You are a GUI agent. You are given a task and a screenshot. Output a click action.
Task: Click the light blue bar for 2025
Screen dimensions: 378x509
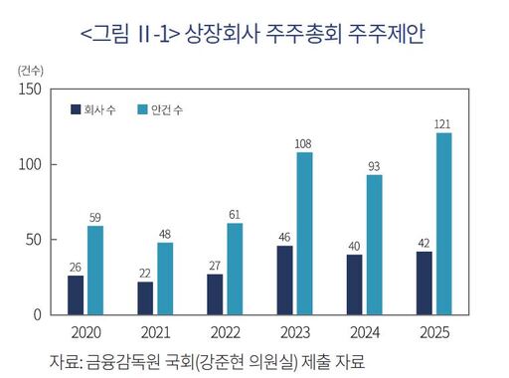pyautogui.click(x=443, y=224)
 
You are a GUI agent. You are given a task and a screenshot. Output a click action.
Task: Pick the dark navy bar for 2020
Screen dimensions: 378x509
pyautogui.click(x=76, y=294)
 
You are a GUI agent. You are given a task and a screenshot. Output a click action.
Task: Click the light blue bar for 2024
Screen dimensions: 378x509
pyautogui.click(x=374, y=245)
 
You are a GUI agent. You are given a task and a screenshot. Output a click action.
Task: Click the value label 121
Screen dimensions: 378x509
pyautogui.click(x=443, y=124)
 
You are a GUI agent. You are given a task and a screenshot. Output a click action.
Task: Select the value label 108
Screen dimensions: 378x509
pyautogui.click(x=304, y=144)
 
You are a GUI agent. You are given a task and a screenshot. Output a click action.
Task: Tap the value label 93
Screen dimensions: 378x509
pyautogui.click(x=374, y=167)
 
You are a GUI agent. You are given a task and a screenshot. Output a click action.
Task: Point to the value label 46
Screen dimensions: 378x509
pyautogui.click(x=284, y=238)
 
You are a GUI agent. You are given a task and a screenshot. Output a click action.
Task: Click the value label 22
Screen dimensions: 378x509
pyautogui.click(x=145, y=274)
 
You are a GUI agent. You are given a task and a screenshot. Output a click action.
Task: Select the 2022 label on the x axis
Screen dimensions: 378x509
pyautogui.click(x=225, y=332)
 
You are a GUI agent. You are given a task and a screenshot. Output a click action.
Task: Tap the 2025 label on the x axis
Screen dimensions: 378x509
pyautogui.click(x=433, y=332)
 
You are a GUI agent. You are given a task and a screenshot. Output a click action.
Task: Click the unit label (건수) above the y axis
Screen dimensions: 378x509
pyautogui.click(x=31, y=70)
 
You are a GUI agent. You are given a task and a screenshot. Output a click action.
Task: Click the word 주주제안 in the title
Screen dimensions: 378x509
pyautogui.click(x=388, y=35)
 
